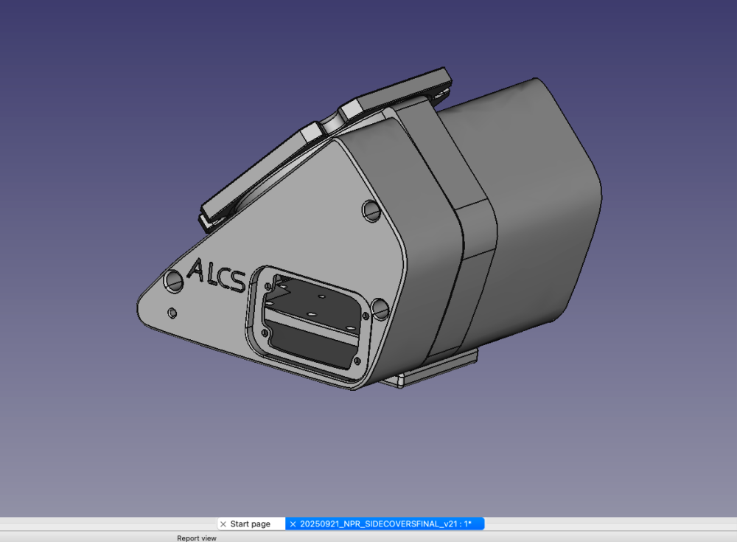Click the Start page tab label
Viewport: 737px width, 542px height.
(250, 524)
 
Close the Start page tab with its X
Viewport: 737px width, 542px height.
(223, 524)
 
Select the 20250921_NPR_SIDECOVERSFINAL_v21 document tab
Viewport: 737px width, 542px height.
(385, 524)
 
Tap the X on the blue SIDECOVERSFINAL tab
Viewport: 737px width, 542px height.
(293, 524)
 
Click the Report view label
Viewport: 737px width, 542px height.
(197, 538)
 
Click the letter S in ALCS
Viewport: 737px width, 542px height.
(237, 281)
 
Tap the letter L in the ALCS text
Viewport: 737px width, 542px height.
(211, 274)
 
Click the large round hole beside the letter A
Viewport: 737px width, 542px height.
(173, 282)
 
